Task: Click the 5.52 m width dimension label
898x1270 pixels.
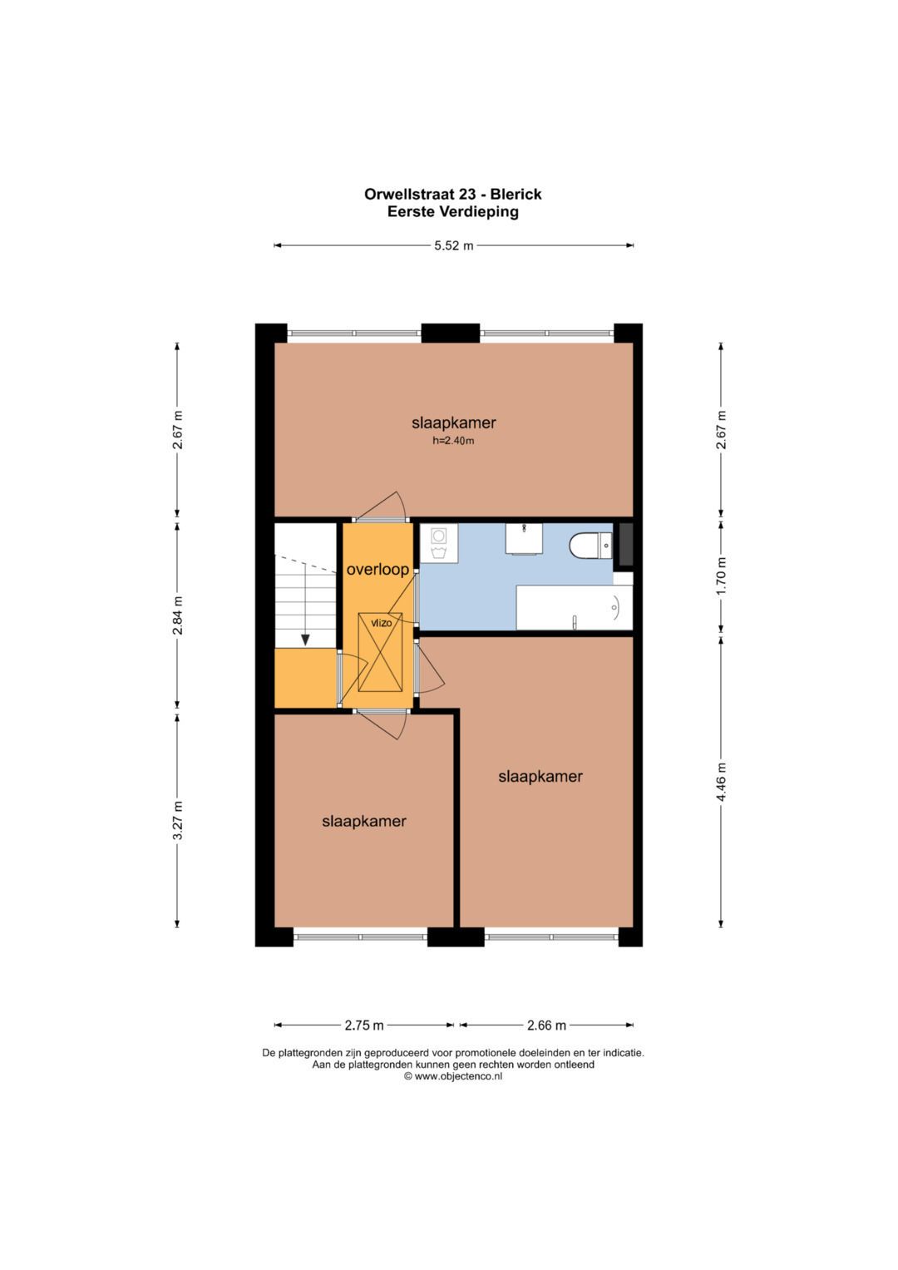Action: [453, 246]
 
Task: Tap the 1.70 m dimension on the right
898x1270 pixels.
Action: [721, 577]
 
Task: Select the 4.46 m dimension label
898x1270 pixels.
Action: [721, 783]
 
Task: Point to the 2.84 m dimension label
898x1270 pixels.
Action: [177, 615]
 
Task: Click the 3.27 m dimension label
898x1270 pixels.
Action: [177, 821]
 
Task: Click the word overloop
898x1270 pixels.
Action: [377, 570]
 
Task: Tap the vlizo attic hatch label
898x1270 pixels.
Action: [381, 623]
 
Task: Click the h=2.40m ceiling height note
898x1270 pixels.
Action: [453, 441]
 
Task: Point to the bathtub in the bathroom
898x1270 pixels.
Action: [575, 607]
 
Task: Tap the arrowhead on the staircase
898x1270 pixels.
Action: [305, 640]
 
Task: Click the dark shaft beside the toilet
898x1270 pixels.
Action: [625, 544]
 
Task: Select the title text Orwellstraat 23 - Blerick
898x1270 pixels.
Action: [453, 195]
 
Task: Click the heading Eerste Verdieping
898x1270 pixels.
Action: [453, 212]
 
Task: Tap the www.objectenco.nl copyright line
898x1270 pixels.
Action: [453, 1076]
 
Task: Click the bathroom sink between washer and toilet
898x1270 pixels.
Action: [524, 539]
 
